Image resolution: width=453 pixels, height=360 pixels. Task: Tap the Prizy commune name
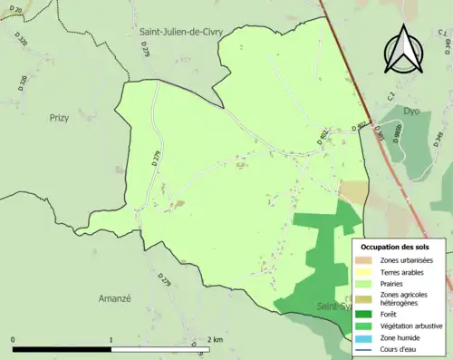tap(60, 117)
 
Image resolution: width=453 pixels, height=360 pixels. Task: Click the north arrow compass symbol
tap(400, 48)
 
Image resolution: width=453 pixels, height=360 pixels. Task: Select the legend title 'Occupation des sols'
tap(395, 247)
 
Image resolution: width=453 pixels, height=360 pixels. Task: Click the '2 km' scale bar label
tap(216, 340)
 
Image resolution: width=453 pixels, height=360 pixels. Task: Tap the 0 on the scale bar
tap(14, 340)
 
